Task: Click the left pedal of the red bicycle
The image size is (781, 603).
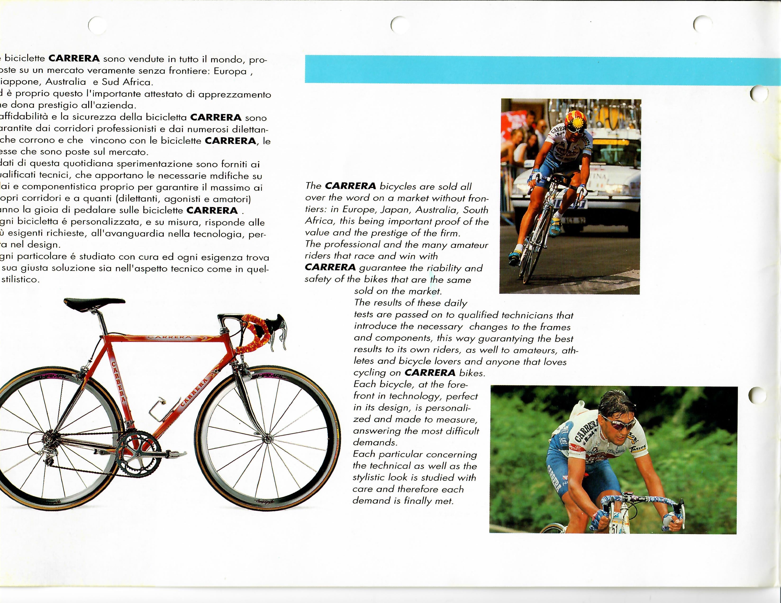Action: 179,454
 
